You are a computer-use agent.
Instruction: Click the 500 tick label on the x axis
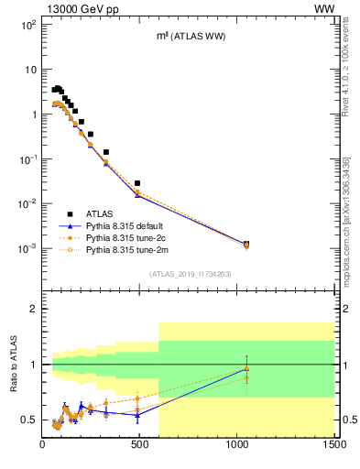140,446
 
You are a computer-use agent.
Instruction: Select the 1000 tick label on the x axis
237,446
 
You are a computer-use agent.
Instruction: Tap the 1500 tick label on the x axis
333,446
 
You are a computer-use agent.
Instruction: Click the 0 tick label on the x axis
43,446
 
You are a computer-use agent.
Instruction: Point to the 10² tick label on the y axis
27,25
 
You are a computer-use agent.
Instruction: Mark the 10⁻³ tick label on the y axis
27,248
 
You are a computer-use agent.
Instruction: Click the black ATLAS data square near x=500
137,183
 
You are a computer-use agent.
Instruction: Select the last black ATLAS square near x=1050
245,244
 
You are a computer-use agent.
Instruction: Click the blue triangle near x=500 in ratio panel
137,415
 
